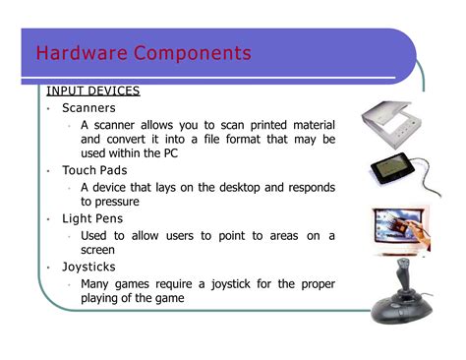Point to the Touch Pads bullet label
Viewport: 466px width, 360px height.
(95, 170)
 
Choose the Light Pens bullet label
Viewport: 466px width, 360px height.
(95, 218)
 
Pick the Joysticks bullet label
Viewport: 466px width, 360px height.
(91, 267)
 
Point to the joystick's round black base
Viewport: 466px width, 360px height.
(400, 312)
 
